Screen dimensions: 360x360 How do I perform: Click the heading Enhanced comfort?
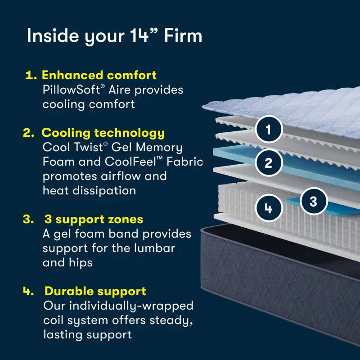99,75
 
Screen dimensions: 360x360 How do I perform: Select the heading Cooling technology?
103,133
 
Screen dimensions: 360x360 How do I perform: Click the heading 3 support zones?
94,220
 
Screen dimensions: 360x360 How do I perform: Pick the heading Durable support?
95,291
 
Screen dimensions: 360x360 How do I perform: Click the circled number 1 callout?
269,130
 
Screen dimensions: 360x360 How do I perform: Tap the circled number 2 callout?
269,162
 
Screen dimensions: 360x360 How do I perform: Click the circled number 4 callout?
269,208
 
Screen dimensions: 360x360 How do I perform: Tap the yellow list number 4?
28,291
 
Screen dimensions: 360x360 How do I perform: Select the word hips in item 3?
81,262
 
